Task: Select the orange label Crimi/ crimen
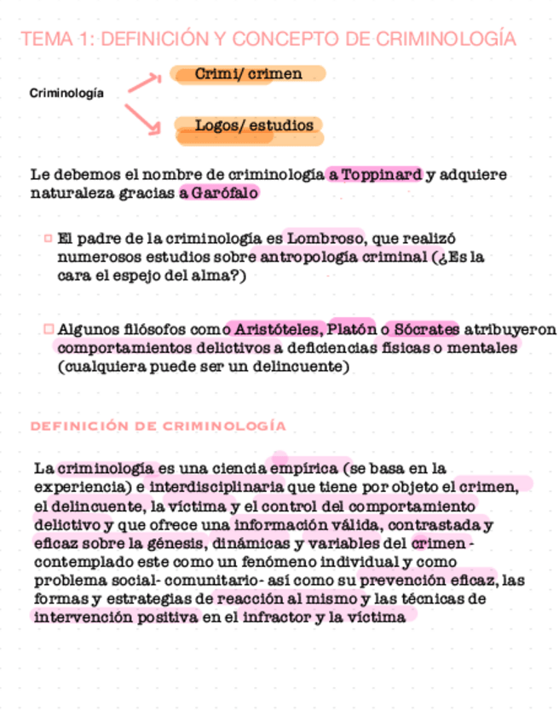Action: pyautogui.click(x=248, y=74)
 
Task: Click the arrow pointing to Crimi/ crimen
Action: pyautogui.click(x=144, y=83)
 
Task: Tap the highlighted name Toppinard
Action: pyautogui.click(x=382, y=175)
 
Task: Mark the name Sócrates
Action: pyautogui.click(x=427, y=329)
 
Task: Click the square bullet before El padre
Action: pyautogui.click(x=48, y=238)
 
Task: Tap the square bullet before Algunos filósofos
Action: pyautogui.click(x=48, y=329)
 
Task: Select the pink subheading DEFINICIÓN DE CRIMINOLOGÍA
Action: pyautogui.click(x=158, y=425)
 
